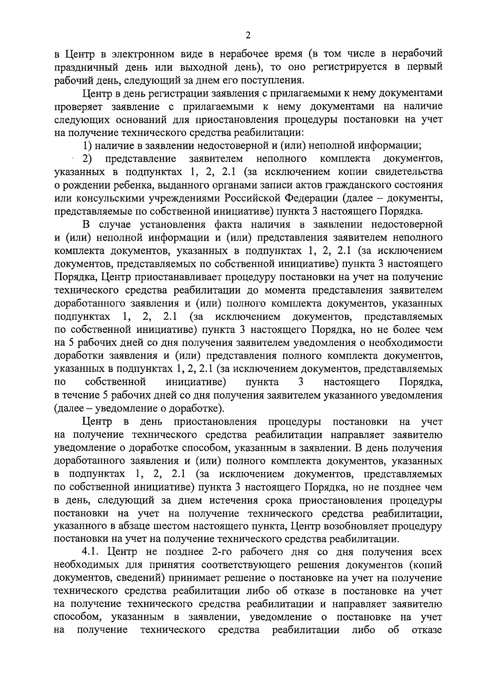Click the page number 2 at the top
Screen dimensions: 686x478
click(x=248, y=36)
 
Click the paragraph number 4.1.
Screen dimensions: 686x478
click(x=92, y=552)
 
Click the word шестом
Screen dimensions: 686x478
click(x=170, y=526)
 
